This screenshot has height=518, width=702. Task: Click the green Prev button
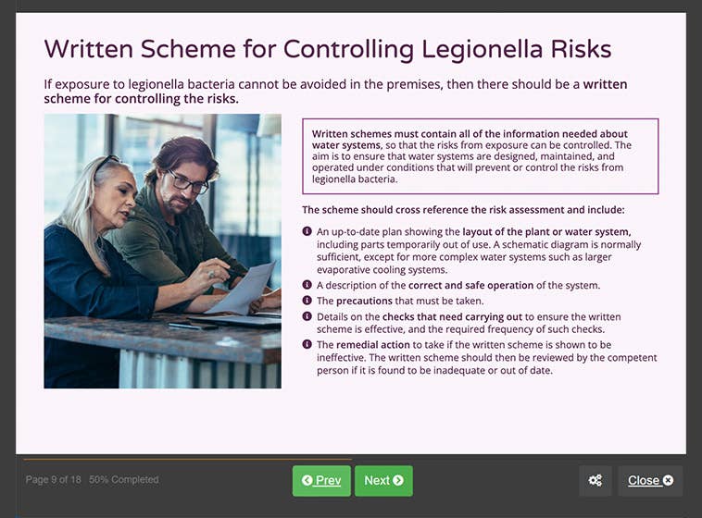pos(321,480)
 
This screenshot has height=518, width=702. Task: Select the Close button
pos(650,480)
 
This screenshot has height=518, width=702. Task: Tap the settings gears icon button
pos(595,480)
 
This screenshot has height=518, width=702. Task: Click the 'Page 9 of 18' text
pos(54,480)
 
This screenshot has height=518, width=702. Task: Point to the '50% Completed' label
pos(123,480)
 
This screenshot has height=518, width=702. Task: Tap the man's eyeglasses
pos(190,182)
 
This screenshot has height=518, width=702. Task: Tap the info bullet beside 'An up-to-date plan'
pos(307,231)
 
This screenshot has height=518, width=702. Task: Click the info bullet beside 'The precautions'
pos(307,301)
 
